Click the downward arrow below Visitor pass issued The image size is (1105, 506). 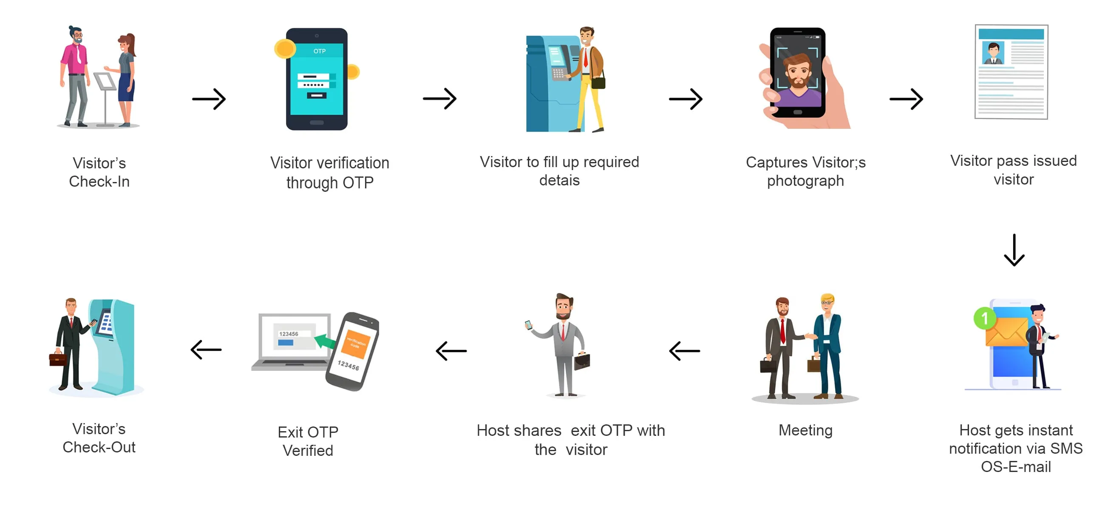coord(1014,250)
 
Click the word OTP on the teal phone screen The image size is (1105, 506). coord(319,51)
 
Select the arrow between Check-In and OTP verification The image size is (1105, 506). coord(209,99)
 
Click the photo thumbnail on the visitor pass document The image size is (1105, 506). coord(993,53)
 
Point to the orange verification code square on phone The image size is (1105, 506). coord(356,343)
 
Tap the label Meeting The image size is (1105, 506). coord(805,430)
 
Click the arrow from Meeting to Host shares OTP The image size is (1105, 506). coord(685,351)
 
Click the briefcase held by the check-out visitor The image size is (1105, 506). coord(57,359)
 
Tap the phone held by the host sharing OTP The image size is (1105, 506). coord(529,325)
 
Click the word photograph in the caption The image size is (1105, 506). coord(805,181)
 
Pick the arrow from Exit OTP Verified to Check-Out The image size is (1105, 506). coord(206,350)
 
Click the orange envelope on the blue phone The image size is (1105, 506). coord(1006,332)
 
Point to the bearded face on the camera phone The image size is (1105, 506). coord(797,72)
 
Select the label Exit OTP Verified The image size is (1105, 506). coord(308,441)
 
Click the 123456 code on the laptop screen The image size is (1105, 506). coord(289,333)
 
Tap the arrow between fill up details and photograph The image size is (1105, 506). coord(686,99)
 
